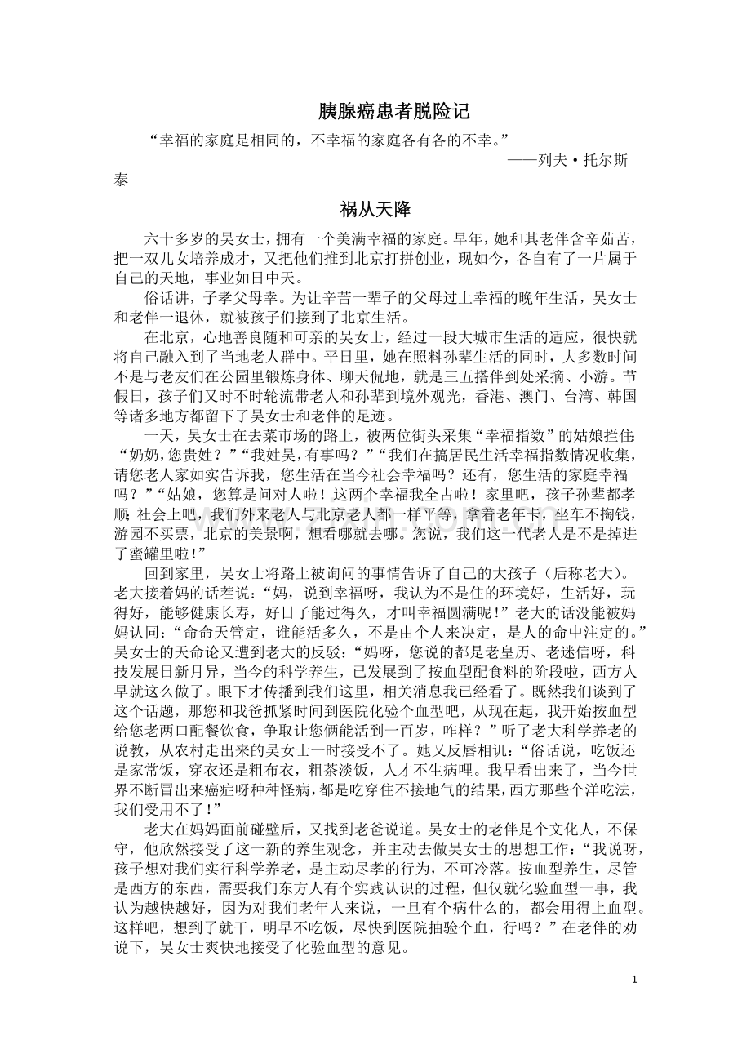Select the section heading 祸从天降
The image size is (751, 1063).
click(x=375, y=210)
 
